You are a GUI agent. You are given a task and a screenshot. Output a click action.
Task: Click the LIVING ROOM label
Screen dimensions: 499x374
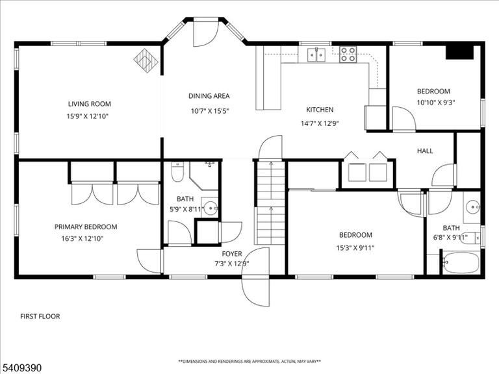coord(90,104)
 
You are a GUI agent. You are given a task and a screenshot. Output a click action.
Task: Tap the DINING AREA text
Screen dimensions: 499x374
coord(209,96)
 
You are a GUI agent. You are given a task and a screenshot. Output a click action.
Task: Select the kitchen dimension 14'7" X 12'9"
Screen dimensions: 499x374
coord(320,123)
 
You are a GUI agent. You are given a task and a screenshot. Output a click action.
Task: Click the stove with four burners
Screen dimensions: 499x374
coord(348,55)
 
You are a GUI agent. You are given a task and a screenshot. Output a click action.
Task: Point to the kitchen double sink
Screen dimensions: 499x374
coord(316,55)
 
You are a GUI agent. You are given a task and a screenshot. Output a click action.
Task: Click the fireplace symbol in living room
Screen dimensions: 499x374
coord(146,61)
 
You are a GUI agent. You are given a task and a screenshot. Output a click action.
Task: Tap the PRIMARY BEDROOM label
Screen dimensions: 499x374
coord(86,227)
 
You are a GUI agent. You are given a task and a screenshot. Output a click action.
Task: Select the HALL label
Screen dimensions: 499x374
coord(425,151)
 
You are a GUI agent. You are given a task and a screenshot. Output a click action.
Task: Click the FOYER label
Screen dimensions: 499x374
coord(232,254)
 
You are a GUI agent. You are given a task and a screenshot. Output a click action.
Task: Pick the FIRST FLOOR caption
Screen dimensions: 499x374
coord(40,316)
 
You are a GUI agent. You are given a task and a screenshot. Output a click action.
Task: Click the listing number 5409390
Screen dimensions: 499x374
coord(21,368)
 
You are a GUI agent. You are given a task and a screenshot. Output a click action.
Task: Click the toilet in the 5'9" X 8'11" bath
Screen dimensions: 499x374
coord(177,171)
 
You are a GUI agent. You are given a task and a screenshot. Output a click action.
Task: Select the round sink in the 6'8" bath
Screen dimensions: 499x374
coord(473,207)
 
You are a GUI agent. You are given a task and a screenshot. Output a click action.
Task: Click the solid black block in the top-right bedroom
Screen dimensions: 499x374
coord(459,53)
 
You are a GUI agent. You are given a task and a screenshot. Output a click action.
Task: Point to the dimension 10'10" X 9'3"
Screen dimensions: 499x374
coord(436,103)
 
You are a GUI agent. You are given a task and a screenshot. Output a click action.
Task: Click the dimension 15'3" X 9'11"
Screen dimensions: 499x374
coord(355,248)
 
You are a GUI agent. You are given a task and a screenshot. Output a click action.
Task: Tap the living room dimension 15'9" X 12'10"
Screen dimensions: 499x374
coord(88,116)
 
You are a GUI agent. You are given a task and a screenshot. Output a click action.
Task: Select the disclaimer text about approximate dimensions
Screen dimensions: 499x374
coord(249,362)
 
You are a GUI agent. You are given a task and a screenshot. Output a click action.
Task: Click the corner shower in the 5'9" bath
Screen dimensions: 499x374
coord(203,175)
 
